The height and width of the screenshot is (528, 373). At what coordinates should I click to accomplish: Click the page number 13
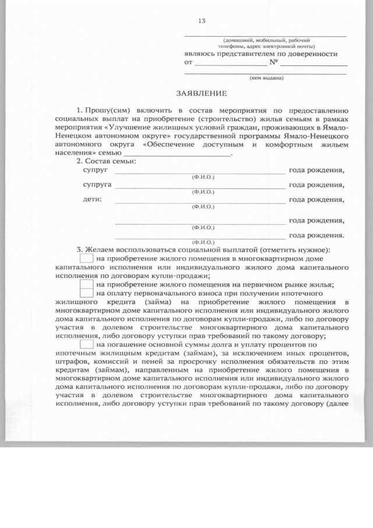[x=202, y=21]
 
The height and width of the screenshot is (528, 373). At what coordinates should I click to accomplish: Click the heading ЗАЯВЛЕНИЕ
[x=201, y=93]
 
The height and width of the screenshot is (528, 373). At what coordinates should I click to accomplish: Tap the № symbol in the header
[x=273, y=62]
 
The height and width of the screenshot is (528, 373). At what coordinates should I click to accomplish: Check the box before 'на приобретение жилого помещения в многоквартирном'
[x=86, y=257]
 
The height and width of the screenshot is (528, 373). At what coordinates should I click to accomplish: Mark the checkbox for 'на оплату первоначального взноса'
[x=86, y=293]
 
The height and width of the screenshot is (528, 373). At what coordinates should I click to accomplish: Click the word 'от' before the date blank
[x=188, y=62]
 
